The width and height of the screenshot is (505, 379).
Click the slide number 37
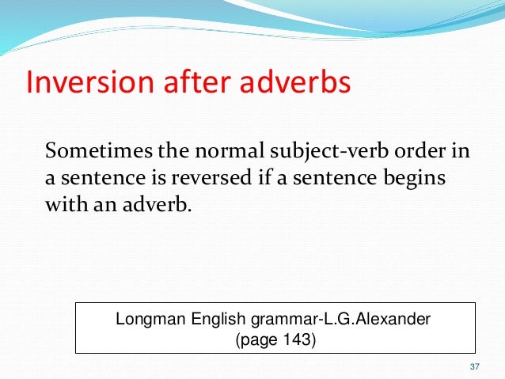point(475,366)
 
